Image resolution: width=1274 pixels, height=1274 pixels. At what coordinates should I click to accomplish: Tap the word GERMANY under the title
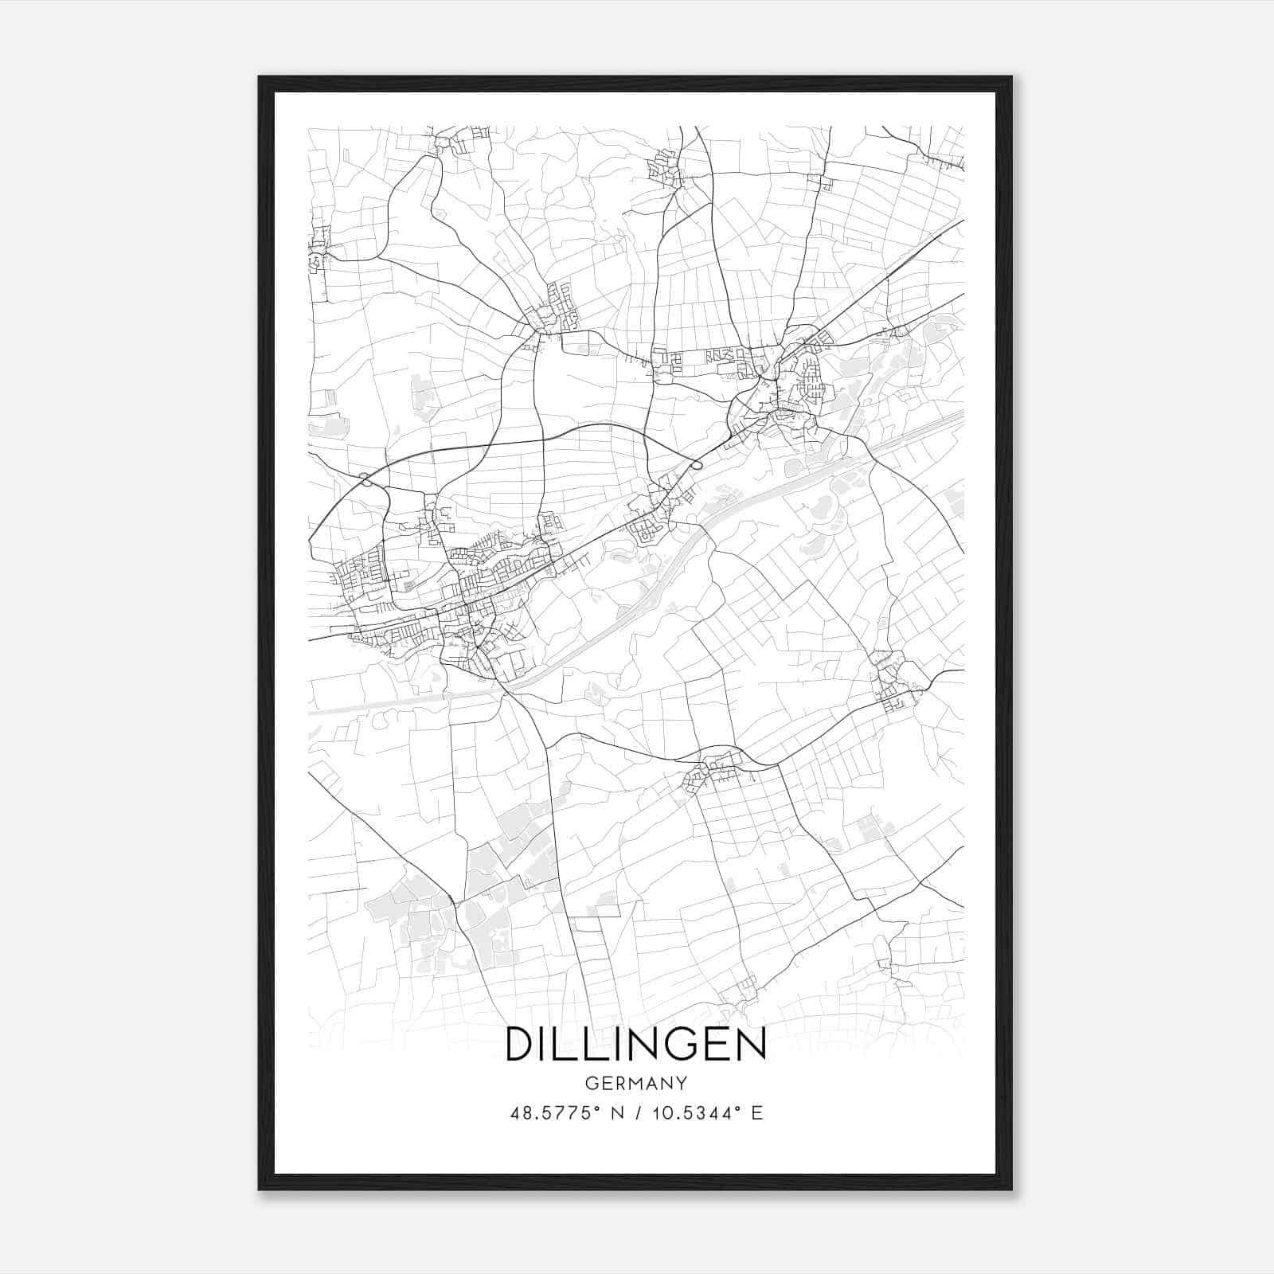pos(635,1084)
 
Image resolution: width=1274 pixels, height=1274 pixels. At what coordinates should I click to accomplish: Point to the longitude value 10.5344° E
pos(707,1113)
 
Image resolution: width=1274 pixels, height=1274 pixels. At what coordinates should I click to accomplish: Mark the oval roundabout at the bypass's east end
pos(697,463)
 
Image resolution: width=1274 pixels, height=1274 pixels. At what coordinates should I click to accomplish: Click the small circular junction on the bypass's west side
pos(366,479)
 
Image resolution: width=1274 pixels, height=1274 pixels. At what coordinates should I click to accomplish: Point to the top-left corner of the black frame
pos(260,78)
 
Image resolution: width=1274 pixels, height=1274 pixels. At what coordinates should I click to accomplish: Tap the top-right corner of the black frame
pos(1011,78)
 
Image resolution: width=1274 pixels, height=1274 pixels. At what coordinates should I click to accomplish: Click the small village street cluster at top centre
pos(664,169)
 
